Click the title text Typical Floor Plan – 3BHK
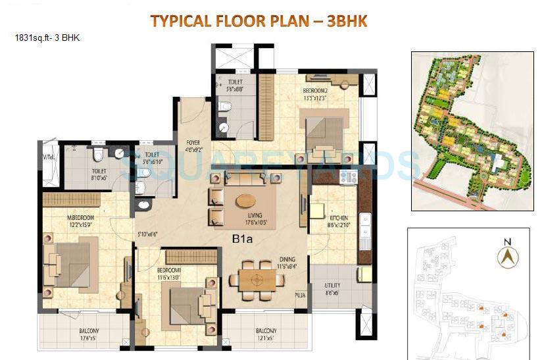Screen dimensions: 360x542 pyautogui.click(x=259, y=20)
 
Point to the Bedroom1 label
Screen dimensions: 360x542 pyautogui.click(x=170, y=270)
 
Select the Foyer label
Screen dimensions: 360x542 pyautogui.click(x=193, y=141)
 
